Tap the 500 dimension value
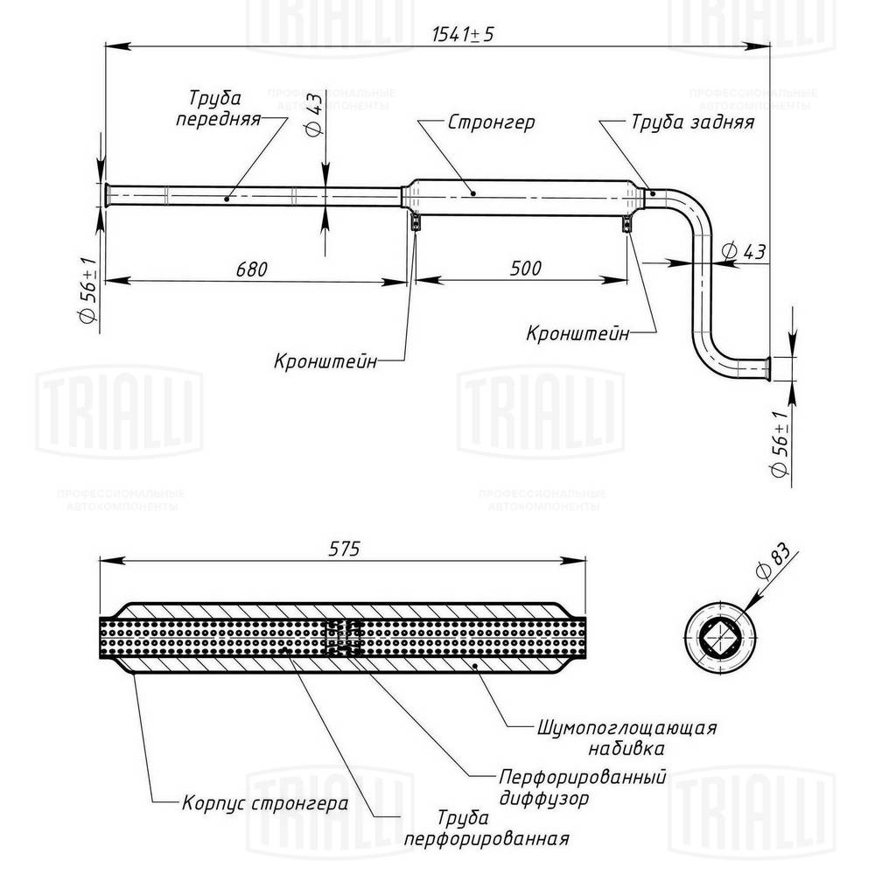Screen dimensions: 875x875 tap(524, 268)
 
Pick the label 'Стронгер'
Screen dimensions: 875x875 tap(491, 122)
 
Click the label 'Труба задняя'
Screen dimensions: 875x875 tap(692, 122)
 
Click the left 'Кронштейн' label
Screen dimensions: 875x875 tap(325, 360)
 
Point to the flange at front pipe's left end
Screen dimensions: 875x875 tap(105, 196)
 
